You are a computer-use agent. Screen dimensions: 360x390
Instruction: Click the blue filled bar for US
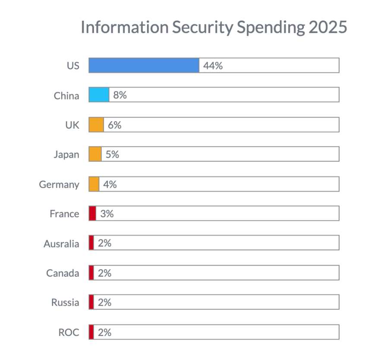(144, 65)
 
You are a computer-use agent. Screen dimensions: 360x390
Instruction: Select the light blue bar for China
(99, 95)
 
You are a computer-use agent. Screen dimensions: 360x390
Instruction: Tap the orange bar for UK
(96, 125)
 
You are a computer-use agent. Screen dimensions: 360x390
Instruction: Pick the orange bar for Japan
(95, 154)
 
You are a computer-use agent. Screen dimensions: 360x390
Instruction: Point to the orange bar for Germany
(94, 184)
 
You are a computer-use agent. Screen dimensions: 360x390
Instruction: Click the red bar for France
(92, 213)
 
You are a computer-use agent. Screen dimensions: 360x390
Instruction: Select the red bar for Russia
(91, 302)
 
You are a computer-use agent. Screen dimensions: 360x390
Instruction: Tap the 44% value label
(213, 66)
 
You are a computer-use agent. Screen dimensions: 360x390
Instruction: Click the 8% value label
(120, 95)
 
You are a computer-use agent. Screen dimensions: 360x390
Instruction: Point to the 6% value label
(114, 125)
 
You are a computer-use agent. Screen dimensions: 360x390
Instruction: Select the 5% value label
(112, 155)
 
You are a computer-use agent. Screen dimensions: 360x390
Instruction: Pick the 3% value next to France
(107, 214)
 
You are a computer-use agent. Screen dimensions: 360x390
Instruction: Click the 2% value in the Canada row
(104, 273)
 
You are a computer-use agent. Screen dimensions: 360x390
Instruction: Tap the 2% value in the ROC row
(104, 332)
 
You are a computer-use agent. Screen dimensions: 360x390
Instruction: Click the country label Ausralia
(61, 244)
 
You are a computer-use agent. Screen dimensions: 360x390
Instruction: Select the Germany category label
(59, 185)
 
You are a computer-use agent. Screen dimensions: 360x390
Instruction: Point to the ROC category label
(69, 333)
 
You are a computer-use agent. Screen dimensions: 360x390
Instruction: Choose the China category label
(66, 96)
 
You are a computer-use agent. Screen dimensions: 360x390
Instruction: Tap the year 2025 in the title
(327, 27)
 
